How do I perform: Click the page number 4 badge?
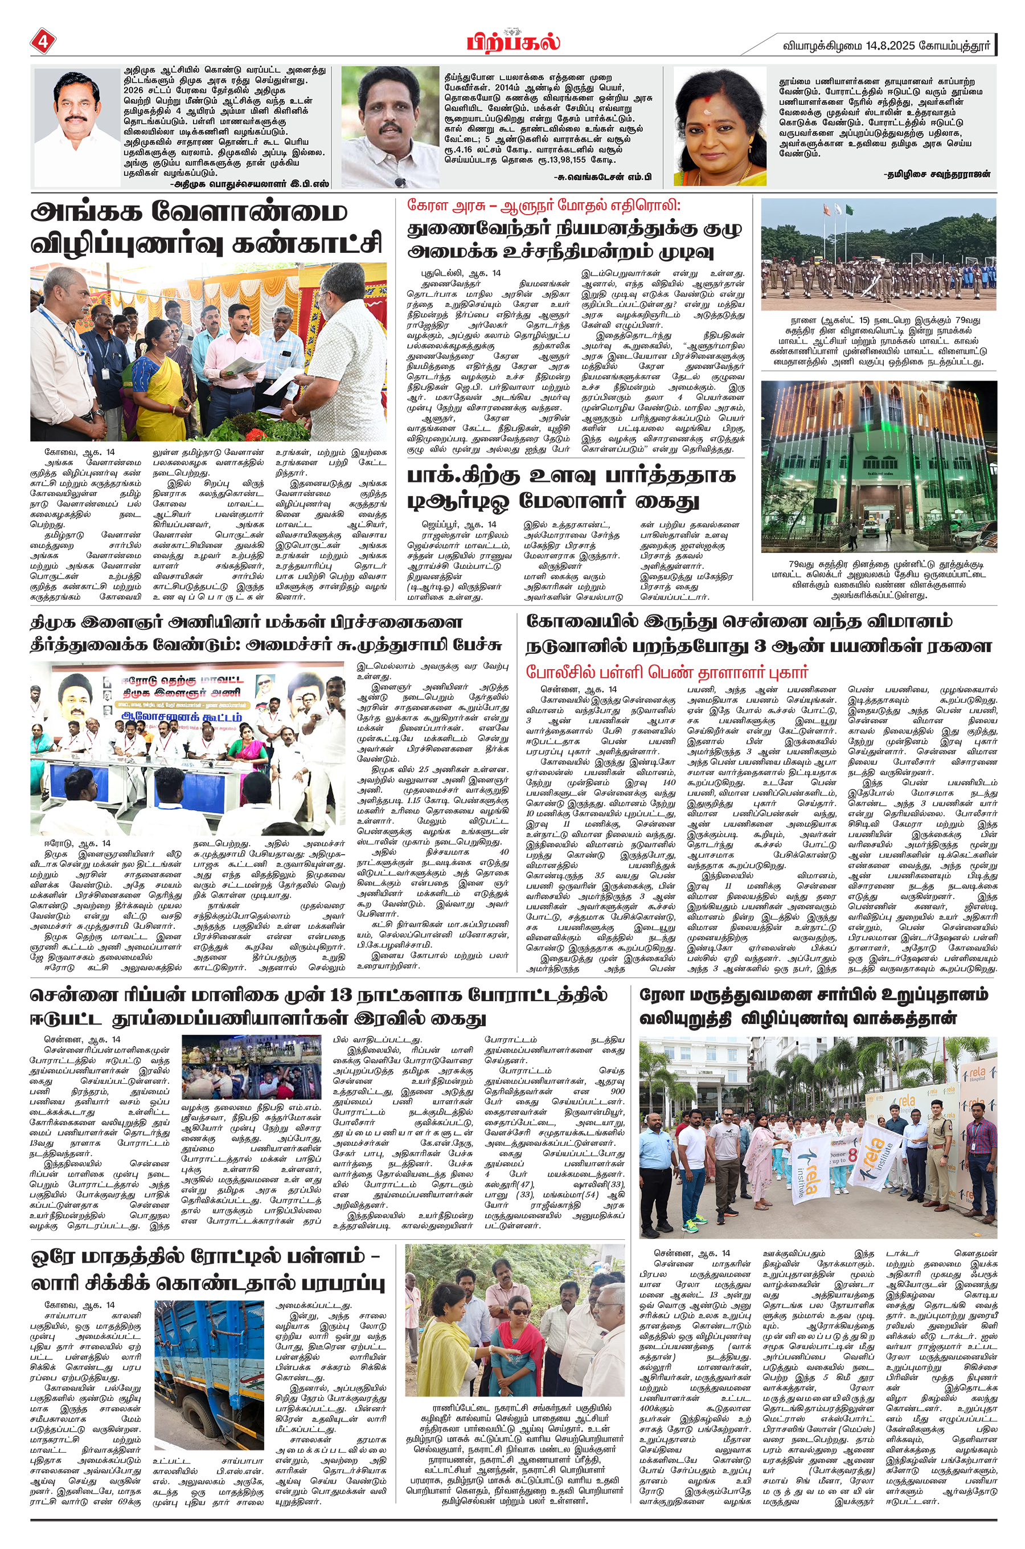(43, 43)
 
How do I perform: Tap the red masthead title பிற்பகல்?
(513, 43)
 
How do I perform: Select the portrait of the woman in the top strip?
(720, 126)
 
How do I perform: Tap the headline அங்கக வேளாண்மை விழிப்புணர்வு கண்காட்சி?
(207, 227)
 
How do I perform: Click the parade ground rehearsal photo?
(879, 254)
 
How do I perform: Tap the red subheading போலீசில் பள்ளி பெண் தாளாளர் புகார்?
(667, 672)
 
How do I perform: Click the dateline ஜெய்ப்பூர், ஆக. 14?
(458, 524)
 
